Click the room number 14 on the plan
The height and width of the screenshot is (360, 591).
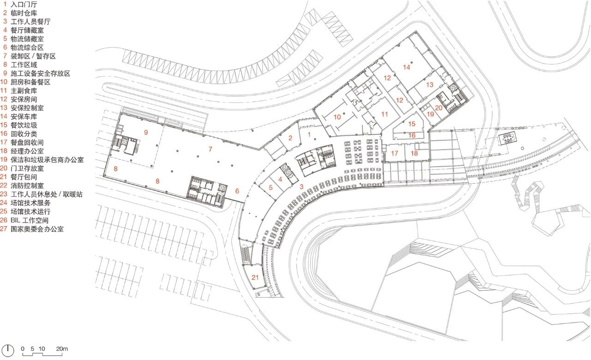pyautogui.click(x=406, y=67)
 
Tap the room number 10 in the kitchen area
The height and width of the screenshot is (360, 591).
pyautogui.click(x=337, y=117)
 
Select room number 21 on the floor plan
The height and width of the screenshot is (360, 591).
pyautogui.click(x=255, y=277)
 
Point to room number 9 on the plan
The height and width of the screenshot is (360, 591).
pyautogui.click(x=146, y=132)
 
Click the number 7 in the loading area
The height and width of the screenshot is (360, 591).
pyautogui.click(x=210, y=149)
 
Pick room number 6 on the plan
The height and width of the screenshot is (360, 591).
pyautogui.click(x=237, y=191)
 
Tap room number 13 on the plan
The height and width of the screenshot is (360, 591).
pyautogui.click(x=429, y=84)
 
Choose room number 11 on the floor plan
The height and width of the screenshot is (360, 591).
pyautogui.click(x=385, y=114)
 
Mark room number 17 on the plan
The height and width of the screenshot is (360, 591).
pyautogui.click(x=394, y=153)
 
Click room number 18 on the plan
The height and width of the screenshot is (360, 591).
pyautogui.click(x=414, y=153)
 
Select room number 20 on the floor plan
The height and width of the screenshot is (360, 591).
pyautogui.click(x=439, y=108)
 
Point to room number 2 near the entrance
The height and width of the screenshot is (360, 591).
pyautogui.click(x=290, y=138)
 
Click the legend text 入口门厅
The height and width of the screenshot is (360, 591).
pyautogui.click(x=24, y=5)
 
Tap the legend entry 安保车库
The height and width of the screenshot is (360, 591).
pyautogui.click(x=24, y=117)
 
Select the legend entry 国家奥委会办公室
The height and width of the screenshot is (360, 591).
pyautogui.click(x=37, y=229)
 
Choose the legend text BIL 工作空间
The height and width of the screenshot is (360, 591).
pyautogui.click(x=29, y=220)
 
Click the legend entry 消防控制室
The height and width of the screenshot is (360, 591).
pyautogui.click(x=27, y=186)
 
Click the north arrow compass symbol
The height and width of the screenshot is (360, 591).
pyautogui.click(x=8, y=350)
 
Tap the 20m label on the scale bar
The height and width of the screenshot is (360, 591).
pyautogui.click(x=62, y=348)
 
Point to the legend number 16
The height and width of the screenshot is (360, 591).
pyautogui.click(x=4, y=134)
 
